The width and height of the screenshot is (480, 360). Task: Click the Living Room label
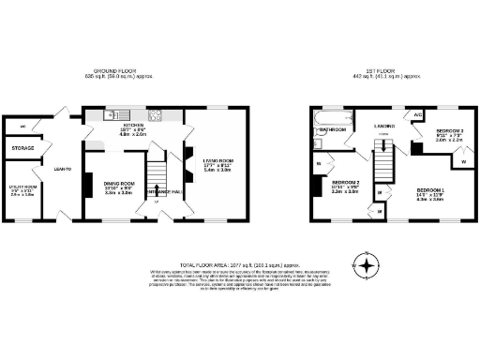pos(217,160)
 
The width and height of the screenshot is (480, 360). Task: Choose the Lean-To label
pos(65,169)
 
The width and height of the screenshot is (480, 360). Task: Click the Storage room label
pos(23,148)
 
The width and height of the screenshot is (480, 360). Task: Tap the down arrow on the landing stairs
pos(382,135)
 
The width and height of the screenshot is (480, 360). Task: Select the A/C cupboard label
pos(418,114)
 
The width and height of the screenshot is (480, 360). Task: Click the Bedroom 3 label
pos(449,130)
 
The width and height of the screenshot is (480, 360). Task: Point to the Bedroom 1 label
pos(430,191)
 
